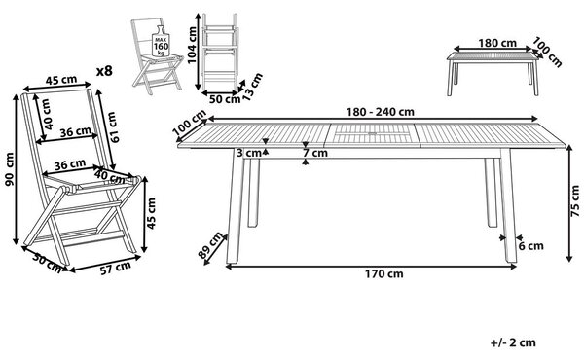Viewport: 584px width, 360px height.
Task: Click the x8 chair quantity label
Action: [104, 71]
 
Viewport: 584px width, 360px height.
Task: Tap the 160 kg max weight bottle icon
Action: [161, 41]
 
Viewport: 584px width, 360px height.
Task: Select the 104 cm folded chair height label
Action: [192, 46]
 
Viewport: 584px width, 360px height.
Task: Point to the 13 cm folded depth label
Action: [253, 88]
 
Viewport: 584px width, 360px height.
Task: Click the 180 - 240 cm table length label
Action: [380, 112]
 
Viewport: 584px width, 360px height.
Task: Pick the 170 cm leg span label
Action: [383, 274]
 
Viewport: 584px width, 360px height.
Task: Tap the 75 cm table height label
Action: [576, 201]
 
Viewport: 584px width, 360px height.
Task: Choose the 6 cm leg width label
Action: [531, 246]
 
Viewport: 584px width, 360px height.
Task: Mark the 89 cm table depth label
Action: [209, 245]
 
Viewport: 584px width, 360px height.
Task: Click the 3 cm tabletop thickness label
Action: [249, 153]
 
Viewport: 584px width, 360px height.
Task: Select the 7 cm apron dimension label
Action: [315, 153]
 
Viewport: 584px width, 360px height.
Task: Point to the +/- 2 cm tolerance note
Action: [513, 342]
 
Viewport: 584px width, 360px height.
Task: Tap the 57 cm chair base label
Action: [116, 268]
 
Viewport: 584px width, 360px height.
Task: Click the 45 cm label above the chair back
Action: [61, 80]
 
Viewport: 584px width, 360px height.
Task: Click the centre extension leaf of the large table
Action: [372, 135]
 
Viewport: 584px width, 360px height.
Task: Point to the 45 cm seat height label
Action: [151, 213]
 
